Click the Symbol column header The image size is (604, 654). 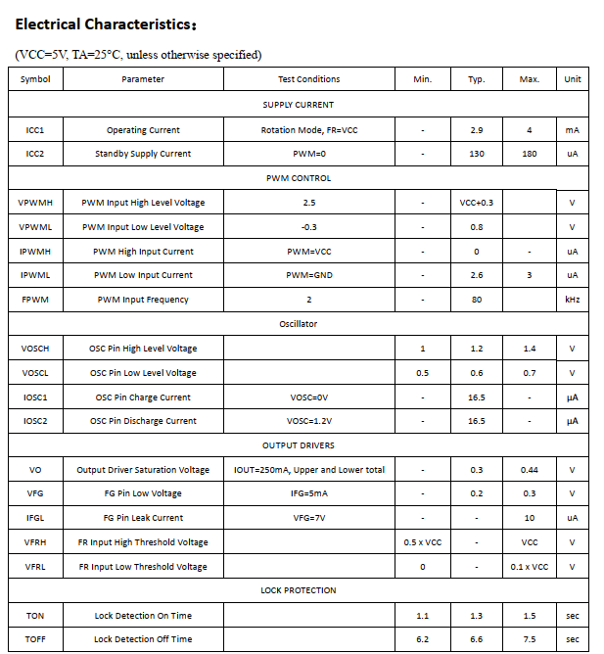tap(35, 79)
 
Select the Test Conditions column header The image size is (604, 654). tap(309, 79)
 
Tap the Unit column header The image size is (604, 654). tap(573, 79)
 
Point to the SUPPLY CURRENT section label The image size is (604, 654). tap(299, 105)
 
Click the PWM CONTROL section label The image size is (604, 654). tap(299, 178)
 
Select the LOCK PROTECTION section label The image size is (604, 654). tap(299, 590)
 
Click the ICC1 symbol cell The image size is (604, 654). tap(35, 129)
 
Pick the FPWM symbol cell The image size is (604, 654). tap(35, 300)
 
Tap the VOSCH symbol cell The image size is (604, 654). tap(35, 349)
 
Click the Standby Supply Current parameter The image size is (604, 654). tap(143, 154)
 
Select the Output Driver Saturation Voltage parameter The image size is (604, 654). tap(143, 470)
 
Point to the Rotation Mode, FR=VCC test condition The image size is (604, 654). tap(309, 129)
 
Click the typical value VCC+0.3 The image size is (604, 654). tap(477, 203)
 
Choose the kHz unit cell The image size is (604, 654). tap(573, 300)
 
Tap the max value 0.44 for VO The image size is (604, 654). tap(530, 470)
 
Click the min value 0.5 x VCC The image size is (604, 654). tap(423, 542)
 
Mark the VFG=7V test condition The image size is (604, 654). tap(309, 518)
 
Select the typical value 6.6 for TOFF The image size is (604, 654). tap(477, 639)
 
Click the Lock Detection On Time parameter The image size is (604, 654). tap(143, 616)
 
